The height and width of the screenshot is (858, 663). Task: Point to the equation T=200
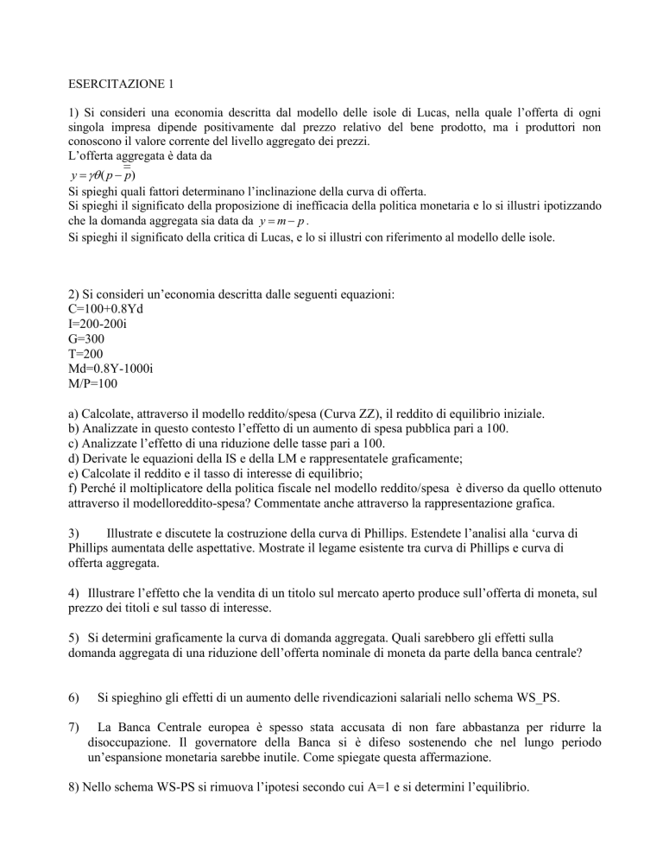(87, 355)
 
